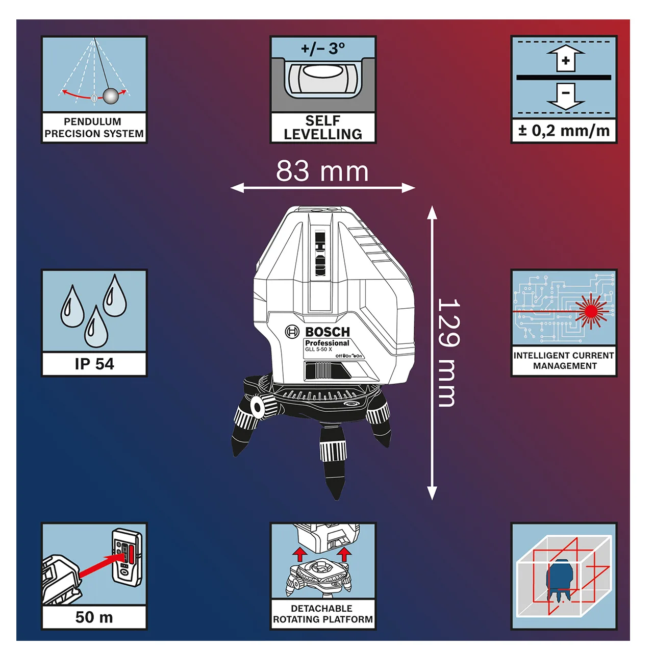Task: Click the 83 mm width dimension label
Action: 322,171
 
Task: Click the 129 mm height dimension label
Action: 448,352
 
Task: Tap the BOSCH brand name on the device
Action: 328,332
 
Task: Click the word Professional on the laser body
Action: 327,343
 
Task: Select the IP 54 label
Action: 94,364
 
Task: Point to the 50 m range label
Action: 94,617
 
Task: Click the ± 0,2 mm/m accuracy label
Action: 564,131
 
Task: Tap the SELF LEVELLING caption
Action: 323,128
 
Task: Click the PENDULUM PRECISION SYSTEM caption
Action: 94,128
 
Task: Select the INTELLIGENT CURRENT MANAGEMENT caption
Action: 564,360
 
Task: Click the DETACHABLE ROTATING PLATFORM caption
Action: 322,614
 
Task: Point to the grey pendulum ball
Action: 111,96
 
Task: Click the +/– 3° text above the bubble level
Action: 323,48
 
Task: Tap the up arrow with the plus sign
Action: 565,58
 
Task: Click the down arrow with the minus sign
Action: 565,96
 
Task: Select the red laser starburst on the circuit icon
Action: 591,311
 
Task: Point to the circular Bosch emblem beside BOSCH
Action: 292,332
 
